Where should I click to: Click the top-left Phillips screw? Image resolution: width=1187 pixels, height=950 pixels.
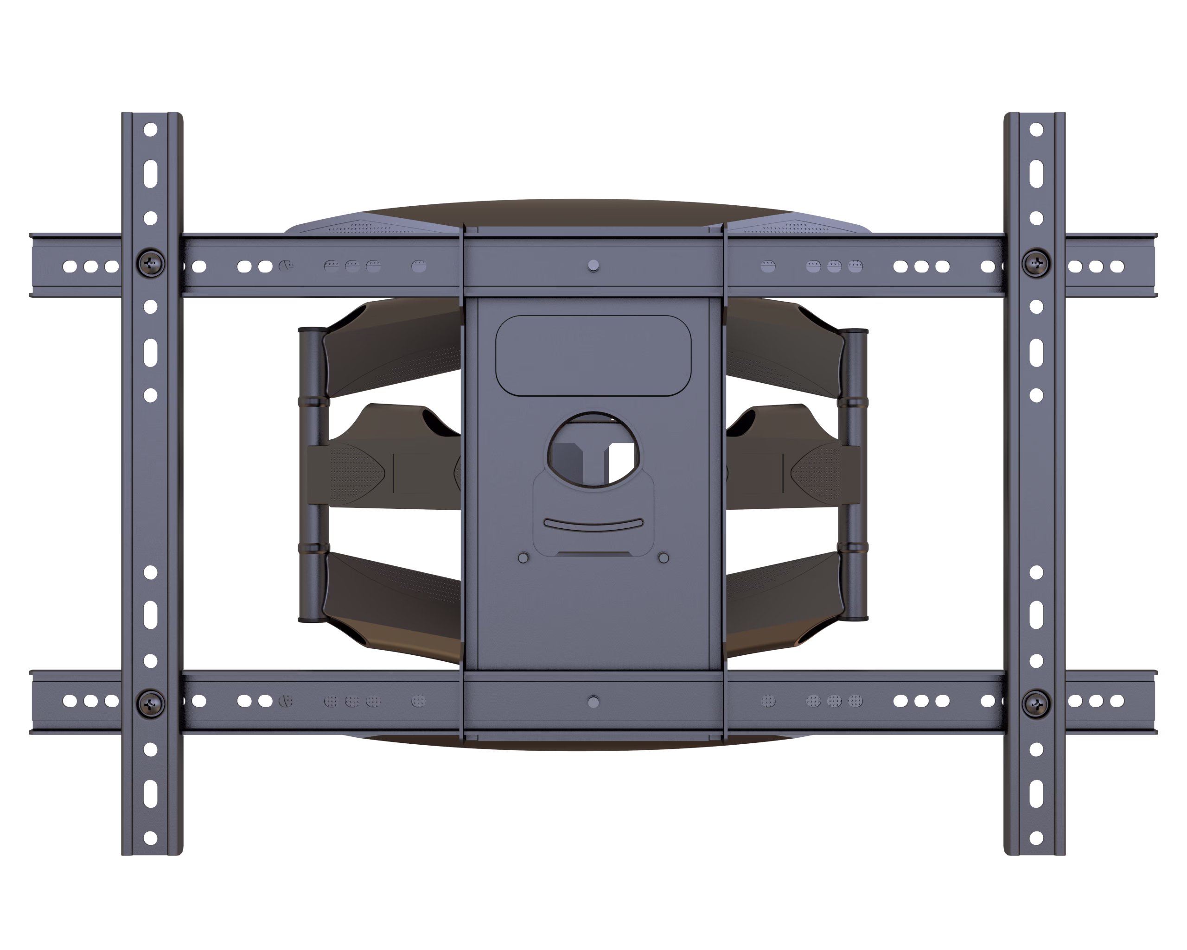point(150,263)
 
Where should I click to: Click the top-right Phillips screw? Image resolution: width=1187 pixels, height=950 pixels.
point(1035,263)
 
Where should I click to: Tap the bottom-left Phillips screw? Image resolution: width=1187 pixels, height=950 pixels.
point(150,704)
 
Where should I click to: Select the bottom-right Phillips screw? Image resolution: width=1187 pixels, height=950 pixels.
point(1035,704)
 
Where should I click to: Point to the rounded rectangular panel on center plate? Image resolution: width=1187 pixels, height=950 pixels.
point(593,355)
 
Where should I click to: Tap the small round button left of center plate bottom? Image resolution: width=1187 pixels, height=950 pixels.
point(523,558)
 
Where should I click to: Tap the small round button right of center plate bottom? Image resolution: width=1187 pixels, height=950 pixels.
point(664,558)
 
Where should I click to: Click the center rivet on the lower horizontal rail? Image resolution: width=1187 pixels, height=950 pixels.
point(593,702)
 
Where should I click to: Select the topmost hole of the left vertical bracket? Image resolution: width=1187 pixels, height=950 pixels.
point(150,130)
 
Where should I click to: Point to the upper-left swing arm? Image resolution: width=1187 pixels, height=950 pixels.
point(391,349)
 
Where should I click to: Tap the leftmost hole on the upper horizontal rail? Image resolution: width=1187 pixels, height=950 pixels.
point(70,266)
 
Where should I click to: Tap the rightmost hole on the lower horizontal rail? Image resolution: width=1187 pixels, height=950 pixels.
point(1117,701)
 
